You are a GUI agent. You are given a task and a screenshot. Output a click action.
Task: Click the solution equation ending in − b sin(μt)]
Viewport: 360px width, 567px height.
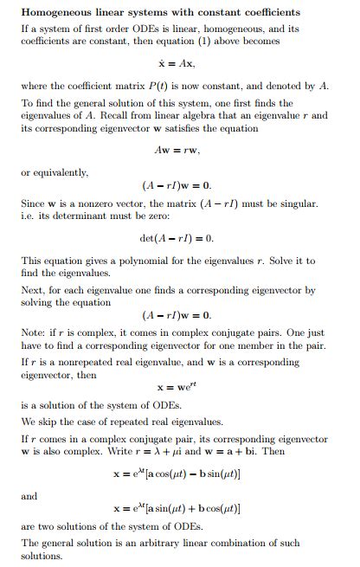tap(177, 474)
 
